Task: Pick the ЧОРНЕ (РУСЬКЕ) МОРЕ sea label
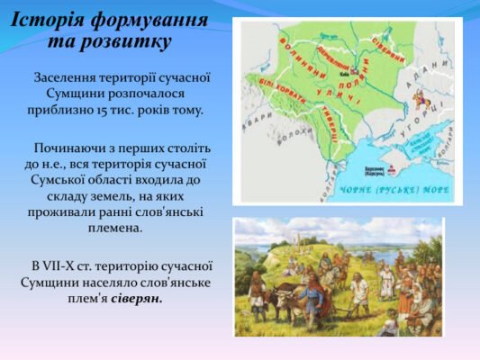pos(393,190)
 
